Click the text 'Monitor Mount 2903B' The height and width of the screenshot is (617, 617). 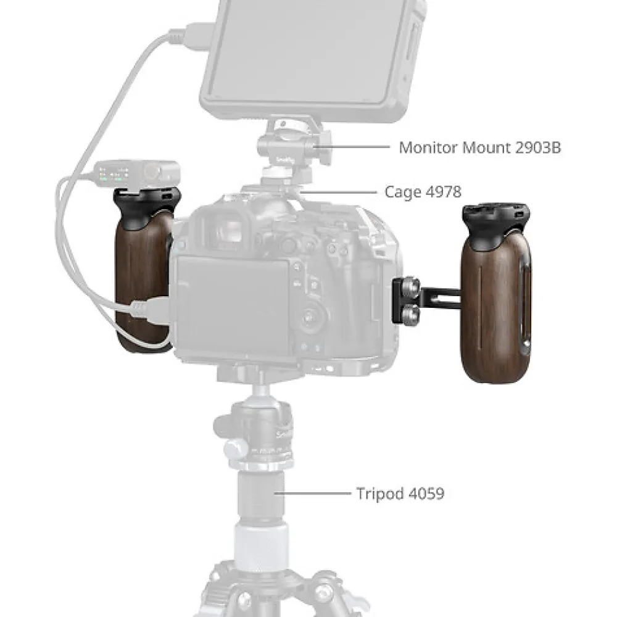pos(479,147)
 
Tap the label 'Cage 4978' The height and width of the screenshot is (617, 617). pos(423,192)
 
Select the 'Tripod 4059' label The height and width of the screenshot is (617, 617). pos(400,494)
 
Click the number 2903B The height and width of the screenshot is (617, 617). pos(537,147)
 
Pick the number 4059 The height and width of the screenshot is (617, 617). pos(427,494)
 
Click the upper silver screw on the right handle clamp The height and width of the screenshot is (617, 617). pos(411,284)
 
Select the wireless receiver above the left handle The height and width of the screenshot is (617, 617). pos(137,173)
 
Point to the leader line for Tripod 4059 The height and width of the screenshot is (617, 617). pos(312,492)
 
